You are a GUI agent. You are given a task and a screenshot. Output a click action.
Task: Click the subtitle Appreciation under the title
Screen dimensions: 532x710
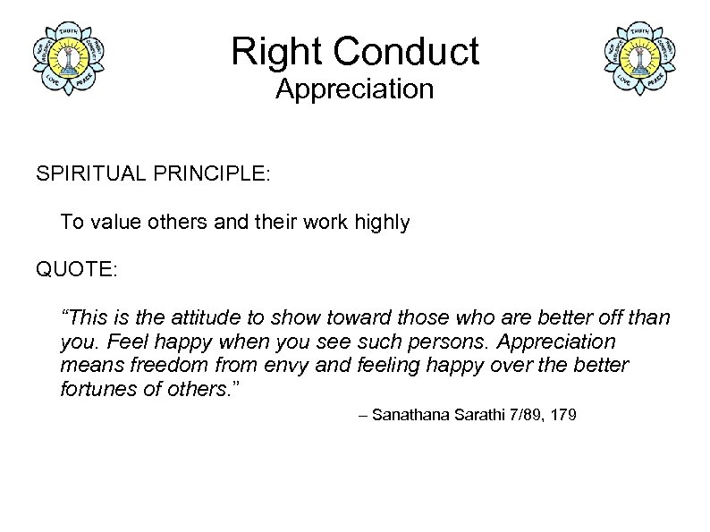tap(354, 89)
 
